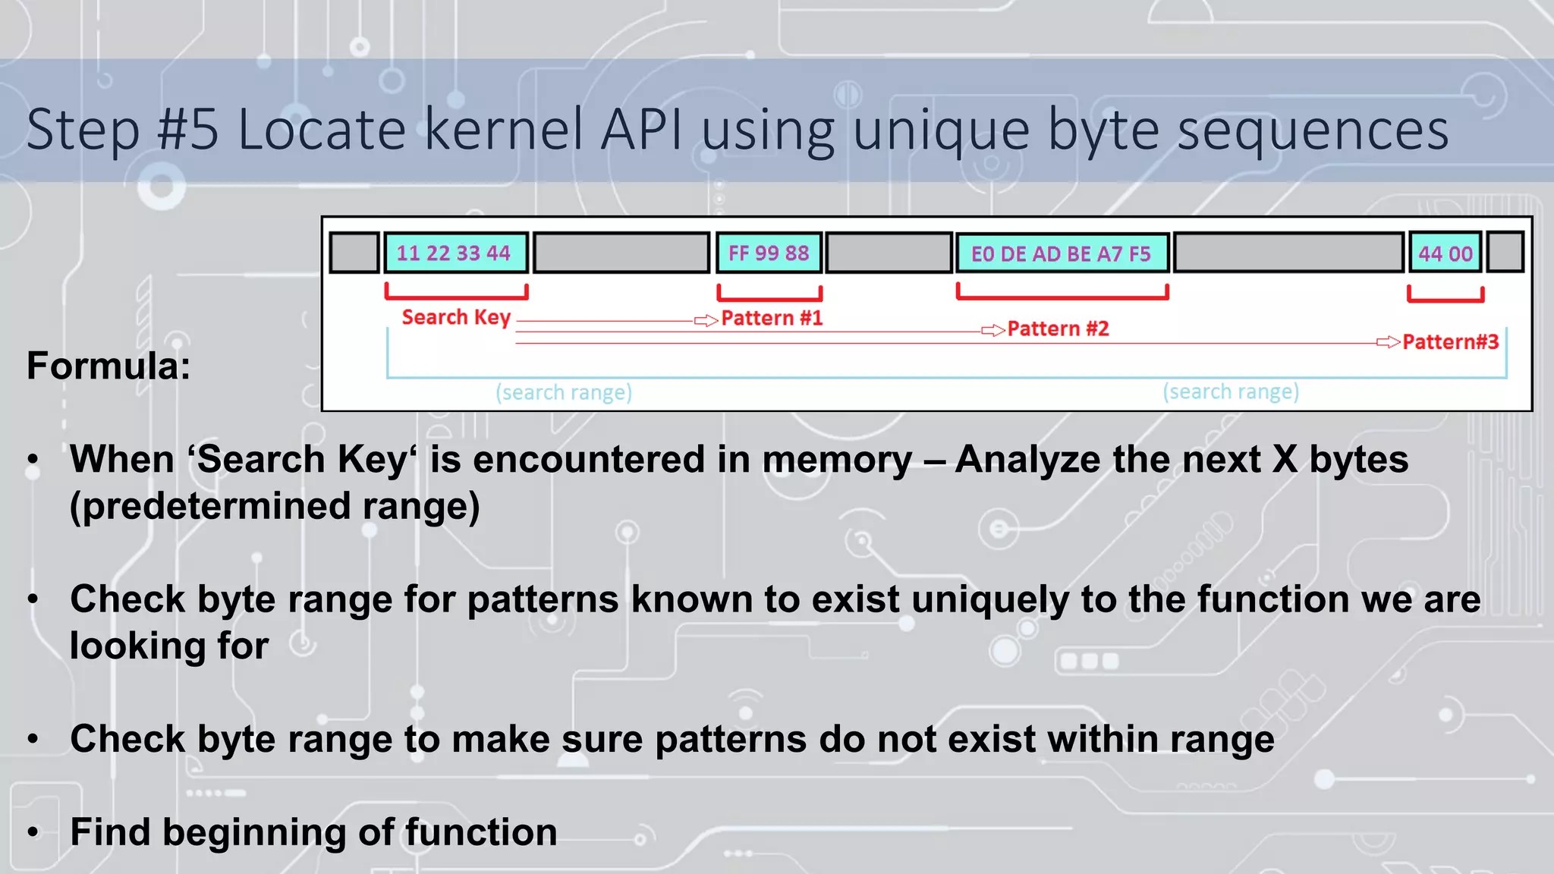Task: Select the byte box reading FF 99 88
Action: pos(769,253)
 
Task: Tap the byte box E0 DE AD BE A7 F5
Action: pos(1061,253)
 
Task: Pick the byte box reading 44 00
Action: pos(1445,253)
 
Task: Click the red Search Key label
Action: pos(456,317)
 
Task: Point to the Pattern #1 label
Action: pos(772,318)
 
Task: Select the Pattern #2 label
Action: pos(1058,329)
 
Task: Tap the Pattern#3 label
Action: pos(1450,342)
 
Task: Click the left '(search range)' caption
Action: pos(564,392)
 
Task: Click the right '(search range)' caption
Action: pos(1231,391)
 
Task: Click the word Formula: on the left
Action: pos(109,366)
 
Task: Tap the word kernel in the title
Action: pos(503,129)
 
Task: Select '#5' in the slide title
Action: pos(187,129)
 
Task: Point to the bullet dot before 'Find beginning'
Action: pos(33,832)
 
